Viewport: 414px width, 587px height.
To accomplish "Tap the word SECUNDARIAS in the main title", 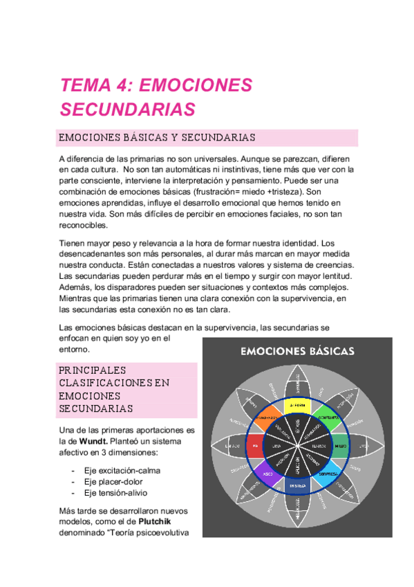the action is pyautogui.click(x=128, y=109).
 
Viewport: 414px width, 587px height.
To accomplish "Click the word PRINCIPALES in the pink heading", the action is pyautogui.click(x=92, y=370).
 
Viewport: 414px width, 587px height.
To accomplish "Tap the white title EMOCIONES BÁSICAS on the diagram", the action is pyautogui.click(x=297, y=351).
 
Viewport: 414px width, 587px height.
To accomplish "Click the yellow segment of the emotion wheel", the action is pyautogui.click(x=299, y=405).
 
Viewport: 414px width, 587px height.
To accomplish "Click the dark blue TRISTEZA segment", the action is pyautogui.click(x=298, y=488).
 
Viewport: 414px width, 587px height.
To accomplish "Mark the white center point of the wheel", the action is pyautogui.click(x=298, y=446).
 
